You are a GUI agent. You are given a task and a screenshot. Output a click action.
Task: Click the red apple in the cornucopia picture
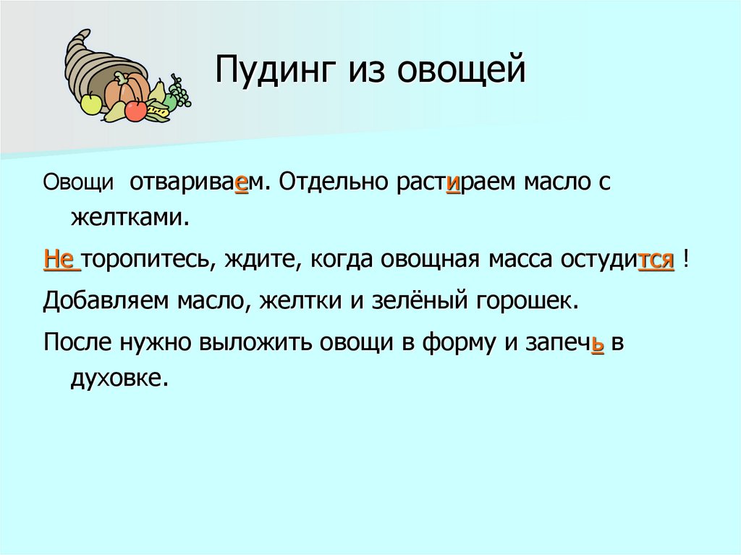135,110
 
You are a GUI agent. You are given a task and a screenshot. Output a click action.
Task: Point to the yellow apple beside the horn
91,104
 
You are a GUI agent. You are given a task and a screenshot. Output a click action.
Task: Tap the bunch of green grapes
179,93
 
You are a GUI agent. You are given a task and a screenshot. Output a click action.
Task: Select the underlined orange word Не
62,259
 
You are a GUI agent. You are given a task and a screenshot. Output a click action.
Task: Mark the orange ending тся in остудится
656,259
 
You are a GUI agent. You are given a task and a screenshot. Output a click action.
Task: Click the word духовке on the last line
119,378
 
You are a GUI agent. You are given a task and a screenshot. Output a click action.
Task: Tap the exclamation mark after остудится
685,259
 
